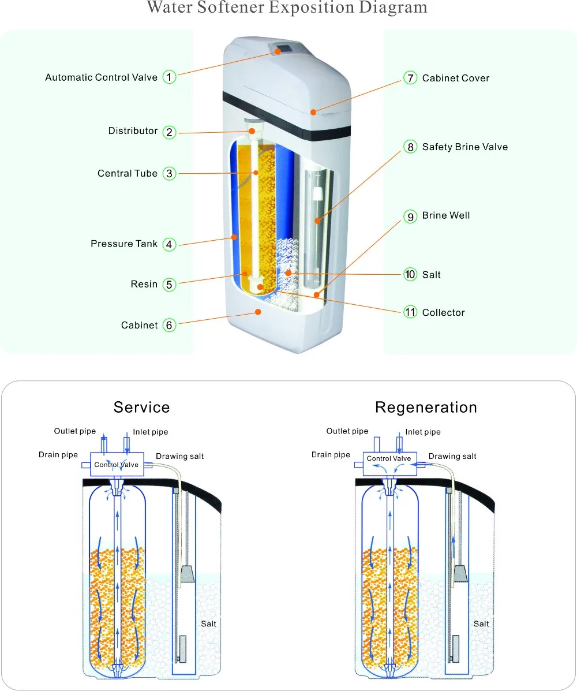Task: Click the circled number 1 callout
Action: point(168,77)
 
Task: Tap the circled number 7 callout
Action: point(410,78)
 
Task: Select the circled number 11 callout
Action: point(410,312)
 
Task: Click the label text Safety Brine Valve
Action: point(464,147)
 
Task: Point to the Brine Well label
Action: point(446,215)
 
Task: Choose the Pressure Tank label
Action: point(124,244)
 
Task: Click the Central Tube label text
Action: point(128,173)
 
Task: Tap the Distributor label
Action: point(133,131)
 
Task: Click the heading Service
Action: point(142,407)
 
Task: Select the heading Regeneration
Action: point(426,407)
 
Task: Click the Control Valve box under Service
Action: point(117,465)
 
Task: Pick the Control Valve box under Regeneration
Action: point(389,459)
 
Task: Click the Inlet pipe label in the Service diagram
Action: point(151,432)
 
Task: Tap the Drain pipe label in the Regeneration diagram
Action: point(331,454)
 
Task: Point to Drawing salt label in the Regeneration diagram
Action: point(452,456)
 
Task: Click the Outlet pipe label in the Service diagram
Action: point(74,431)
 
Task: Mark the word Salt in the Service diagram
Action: point(208,623)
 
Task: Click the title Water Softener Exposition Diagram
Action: point(287,8)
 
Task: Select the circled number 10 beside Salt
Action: point(410,274)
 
